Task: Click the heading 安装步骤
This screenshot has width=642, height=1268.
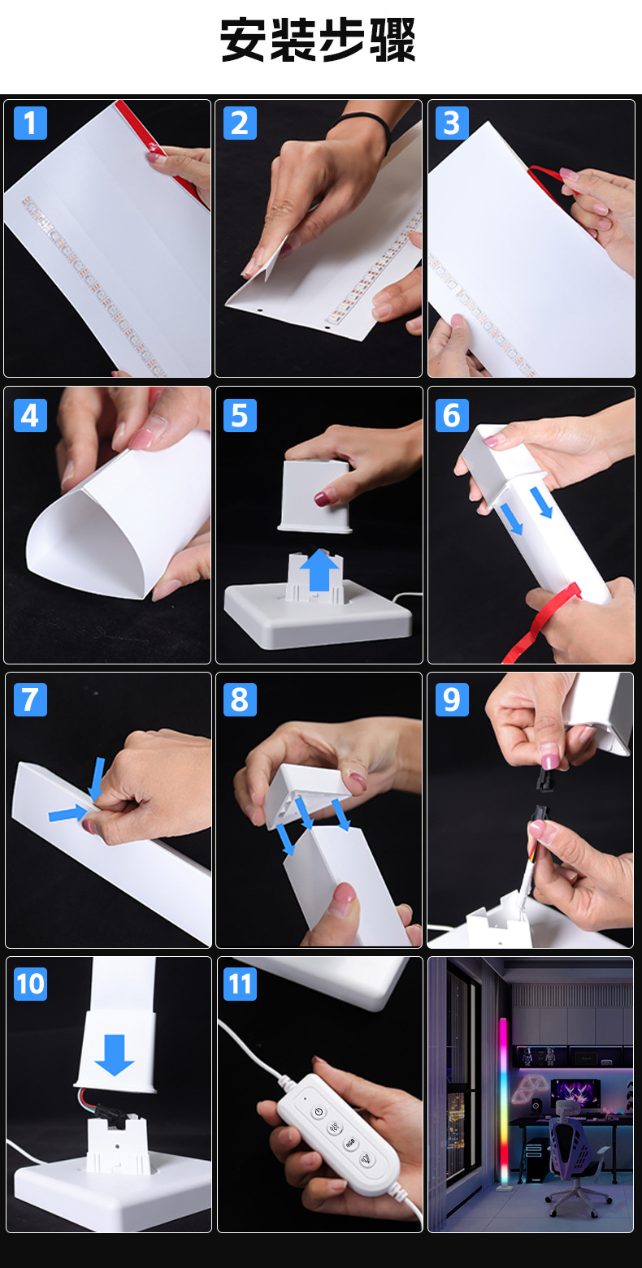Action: (x=318, y=40)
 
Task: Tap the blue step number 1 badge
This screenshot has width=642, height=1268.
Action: (x=30, y=123)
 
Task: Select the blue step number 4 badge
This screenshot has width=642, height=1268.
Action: (x=30, y=416)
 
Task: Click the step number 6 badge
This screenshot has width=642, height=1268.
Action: (x=452, y=416)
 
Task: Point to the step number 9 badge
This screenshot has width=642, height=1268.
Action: (x=452, y=699)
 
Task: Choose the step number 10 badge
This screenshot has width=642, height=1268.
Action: (x=30, y=984)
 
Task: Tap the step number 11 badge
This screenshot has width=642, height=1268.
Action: (x=240, y=984)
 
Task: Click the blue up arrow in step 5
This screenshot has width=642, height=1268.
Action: (x=319, y=569)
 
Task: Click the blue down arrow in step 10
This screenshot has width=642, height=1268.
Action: (x=115, y=1055)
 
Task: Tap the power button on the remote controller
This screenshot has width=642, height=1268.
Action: (x=319, y=1112)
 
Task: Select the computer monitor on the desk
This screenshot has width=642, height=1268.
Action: (x=575, y=1094)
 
